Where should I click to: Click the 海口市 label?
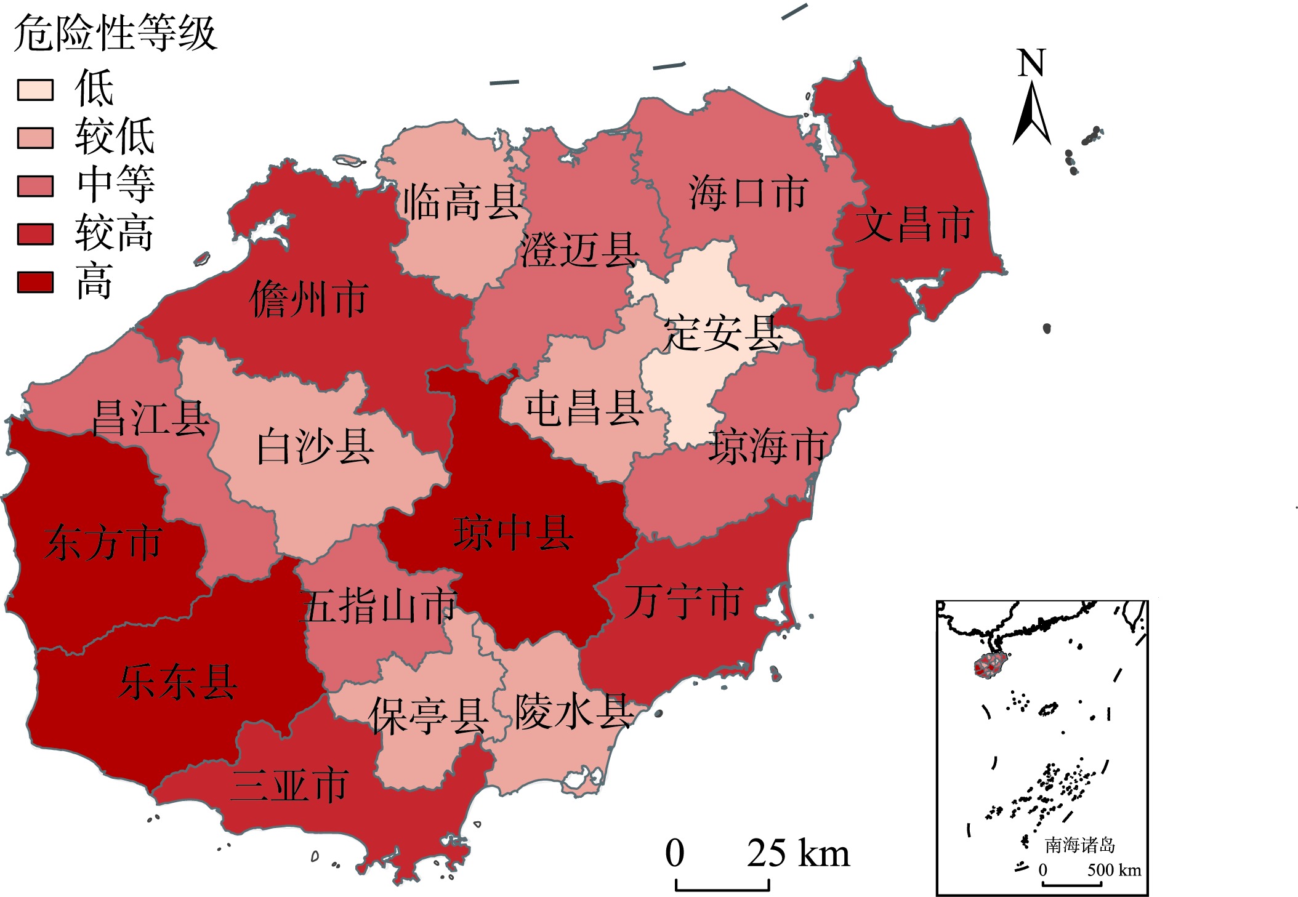coord(748,193)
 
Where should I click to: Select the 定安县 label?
coord(723,333)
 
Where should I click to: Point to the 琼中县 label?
coord(514,533)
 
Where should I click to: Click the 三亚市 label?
coord(289,785)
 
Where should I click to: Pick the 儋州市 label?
coord(309,299)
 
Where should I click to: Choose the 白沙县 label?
coord(315,447)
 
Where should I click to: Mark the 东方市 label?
coord(103,543)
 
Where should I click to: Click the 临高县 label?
coord(462,202)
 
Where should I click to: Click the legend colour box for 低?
coord(35,90)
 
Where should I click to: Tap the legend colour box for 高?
coord(35,282)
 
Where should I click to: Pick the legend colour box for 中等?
coord(35,186)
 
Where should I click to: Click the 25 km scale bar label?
coord(798,853)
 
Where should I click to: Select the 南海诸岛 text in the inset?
coord(1079,845)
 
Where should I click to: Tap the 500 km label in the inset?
coord(1113,870)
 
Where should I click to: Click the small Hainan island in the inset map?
coord(990,666)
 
